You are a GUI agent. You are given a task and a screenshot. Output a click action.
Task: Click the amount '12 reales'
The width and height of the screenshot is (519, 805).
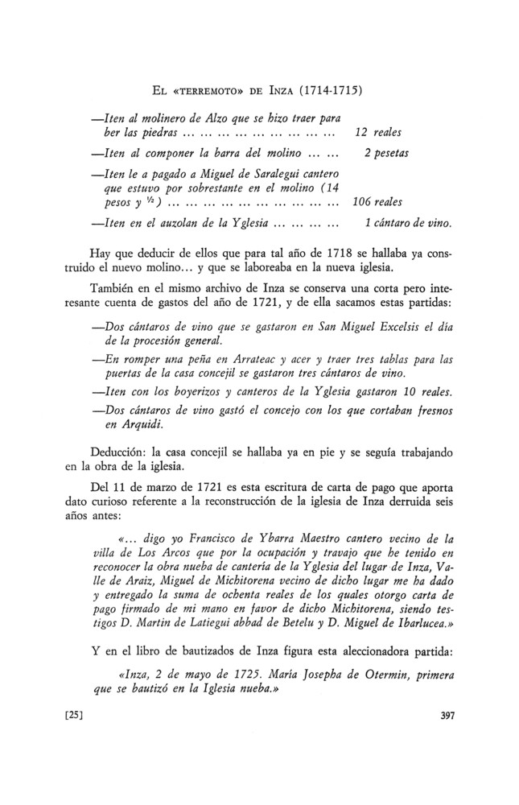(x=378, y=131)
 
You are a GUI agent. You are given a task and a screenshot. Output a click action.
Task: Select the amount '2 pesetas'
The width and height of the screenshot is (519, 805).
(x=386, y=153)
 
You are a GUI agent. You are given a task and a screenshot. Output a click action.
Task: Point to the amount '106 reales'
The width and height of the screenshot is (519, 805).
(x=377, y=202)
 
